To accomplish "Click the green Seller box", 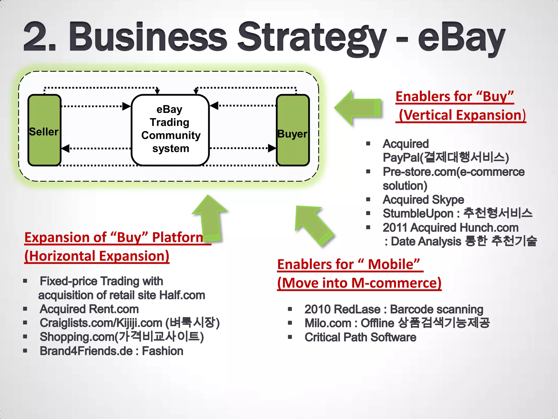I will coord(44,130).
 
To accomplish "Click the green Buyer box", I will coord(293,130).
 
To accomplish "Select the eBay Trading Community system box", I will coord(170,130).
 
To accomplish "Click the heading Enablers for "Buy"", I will coord(454,97).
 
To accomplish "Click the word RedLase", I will coord(357,309).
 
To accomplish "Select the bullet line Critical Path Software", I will coord(360,337).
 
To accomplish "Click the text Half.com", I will coord(182,295).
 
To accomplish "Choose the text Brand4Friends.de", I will coord(86,351).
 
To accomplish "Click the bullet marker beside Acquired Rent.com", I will coord(25,309).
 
